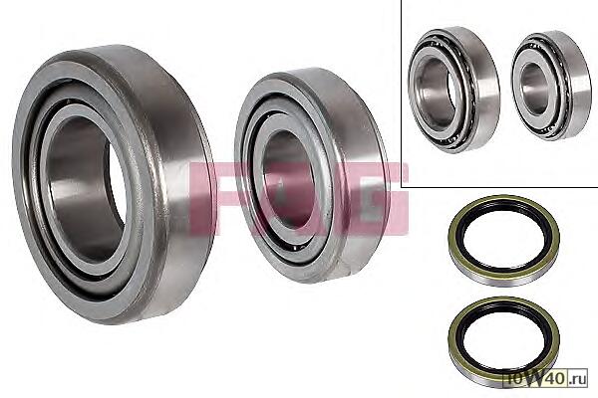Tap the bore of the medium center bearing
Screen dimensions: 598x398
(x=288, y=179)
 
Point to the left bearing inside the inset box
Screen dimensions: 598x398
(x=453, y=91)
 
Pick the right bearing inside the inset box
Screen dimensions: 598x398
(x=551, y=86)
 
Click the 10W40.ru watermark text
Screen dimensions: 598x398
(x=546, y=379)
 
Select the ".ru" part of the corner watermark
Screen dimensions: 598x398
(x=577, y=379)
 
